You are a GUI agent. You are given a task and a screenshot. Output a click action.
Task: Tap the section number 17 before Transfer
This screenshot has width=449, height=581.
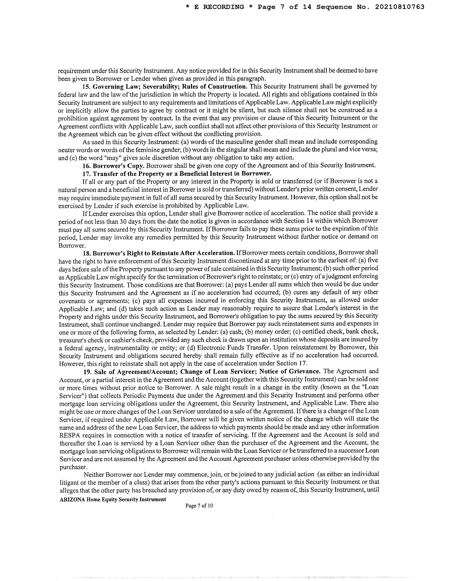click(x=87, y=173)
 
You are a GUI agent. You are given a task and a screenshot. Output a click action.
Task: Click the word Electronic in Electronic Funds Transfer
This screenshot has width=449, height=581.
click(x=211, y=348)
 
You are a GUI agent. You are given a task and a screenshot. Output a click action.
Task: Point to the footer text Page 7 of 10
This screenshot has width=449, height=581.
click(x=199, y=506)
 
